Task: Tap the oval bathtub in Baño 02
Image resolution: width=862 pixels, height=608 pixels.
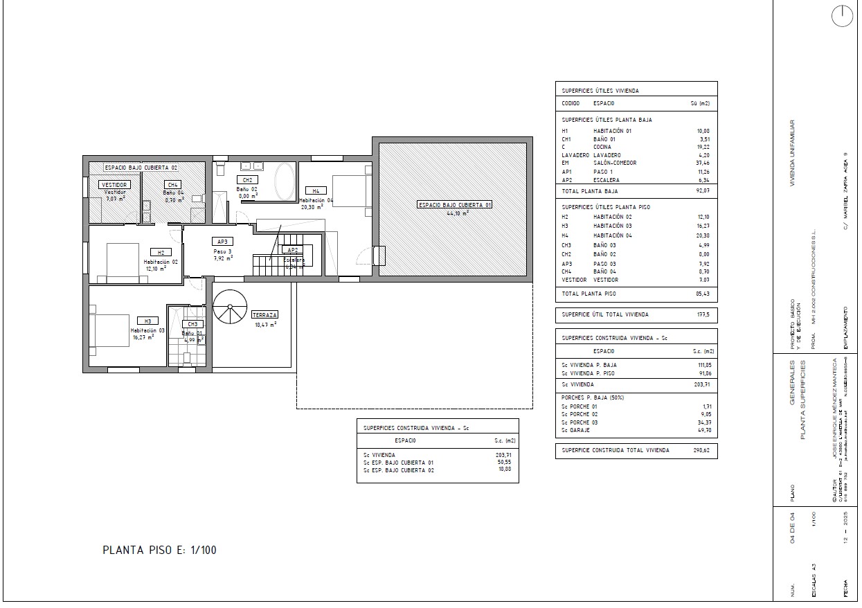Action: point(284,181)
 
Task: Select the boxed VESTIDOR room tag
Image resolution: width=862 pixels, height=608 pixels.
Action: point(114,185)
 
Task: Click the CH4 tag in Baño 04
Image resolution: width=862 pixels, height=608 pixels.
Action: point(172,185)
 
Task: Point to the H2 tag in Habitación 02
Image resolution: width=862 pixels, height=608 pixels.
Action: point(160,253)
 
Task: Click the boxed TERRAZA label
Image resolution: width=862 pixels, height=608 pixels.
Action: point(264,315)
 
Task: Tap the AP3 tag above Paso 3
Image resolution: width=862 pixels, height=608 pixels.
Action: point(222,242)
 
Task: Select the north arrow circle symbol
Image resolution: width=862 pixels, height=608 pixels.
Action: point(842,17)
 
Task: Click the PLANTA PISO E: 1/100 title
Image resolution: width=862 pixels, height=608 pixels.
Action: point(159,551)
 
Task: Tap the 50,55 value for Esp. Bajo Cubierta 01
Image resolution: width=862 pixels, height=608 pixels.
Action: point(503,463)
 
